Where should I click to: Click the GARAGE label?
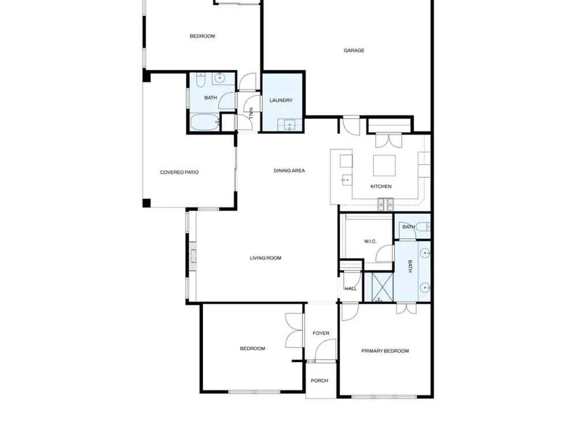point(354,50)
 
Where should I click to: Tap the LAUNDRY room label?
point(281,100)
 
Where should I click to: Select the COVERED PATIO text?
point(179,172)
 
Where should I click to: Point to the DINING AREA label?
point(289,170)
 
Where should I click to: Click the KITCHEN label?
point(381,186)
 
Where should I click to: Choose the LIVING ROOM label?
point(265,258)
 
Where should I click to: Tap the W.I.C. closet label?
point(370,241)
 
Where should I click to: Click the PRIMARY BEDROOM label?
point(385,351)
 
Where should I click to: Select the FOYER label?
point(321,333)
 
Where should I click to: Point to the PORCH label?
point(320,380)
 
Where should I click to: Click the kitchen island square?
point(384,166)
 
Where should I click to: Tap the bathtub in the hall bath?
point(205,122)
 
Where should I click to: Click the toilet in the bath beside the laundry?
point(200,80)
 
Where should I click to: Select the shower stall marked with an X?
point(383,287)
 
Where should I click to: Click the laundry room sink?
point(290,125)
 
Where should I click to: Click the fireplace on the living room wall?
point(193,256)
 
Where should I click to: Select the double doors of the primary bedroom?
point(407,308)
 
